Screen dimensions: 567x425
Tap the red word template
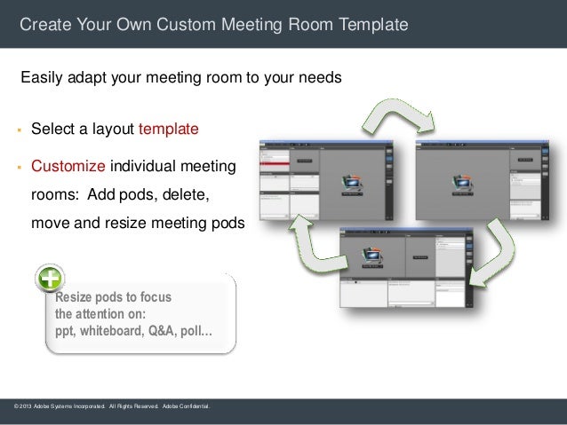[x=168, y=130]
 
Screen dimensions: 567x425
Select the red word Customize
[x=70, y=166]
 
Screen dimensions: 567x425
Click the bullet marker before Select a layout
[x=17, y=130]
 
